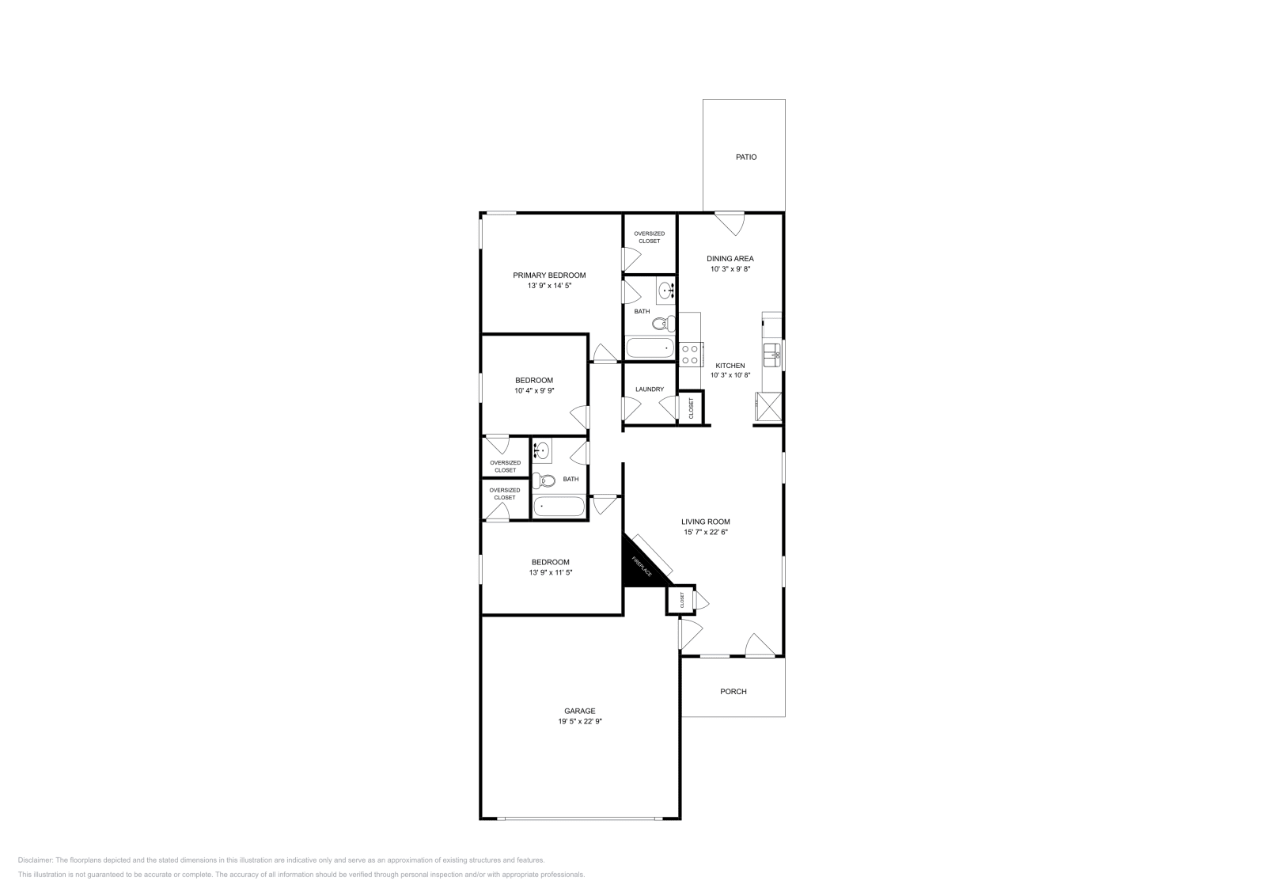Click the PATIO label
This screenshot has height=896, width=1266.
tap(746, 157)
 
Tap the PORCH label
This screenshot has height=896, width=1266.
tap(733, 692)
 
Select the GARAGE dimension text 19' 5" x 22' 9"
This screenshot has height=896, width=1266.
tap(580, 721)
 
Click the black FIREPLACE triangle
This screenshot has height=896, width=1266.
tap(638, 564)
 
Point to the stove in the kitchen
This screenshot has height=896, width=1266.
tap(691, 353)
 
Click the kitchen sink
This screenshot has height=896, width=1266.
tap(772, 352)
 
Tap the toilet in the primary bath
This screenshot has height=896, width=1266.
tap(666, 323)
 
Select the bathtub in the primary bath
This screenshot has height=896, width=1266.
tap(649, 347)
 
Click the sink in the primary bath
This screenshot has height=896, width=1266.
tap(665, 290)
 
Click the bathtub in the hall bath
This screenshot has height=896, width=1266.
tap(559, 507)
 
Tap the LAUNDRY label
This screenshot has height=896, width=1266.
tap(650, 389)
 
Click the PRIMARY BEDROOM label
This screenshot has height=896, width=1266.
tap(549, 275)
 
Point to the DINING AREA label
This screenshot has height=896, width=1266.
tap(730, 258)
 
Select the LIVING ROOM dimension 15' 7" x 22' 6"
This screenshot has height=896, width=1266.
tap(706, 532)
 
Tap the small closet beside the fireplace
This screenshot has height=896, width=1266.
tap(680, 600)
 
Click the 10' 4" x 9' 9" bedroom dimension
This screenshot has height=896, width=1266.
tap(534, 390)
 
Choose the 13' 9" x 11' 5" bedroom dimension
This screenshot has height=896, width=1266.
tap(550, 572)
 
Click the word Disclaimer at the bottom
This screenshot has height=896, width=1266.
tap(35, 860)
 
